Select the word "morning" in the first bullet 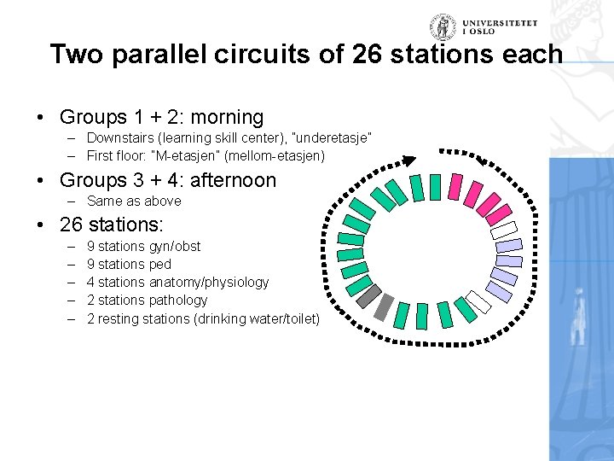click(x=229, y=117)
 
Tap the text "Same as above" click(x=134, y=201)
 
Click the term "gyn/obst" click(x=175, y=246)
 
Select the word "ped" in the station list click(x=160, y=264)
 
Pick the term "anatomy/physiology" click(x=209, y=282)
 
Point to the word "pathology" click(x=178, y=300)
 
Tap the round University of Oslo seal click(x=443, y=26)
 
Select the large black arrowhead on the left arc click(x=409, y=160)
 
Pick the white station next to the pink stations click(x=507, y=229)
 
